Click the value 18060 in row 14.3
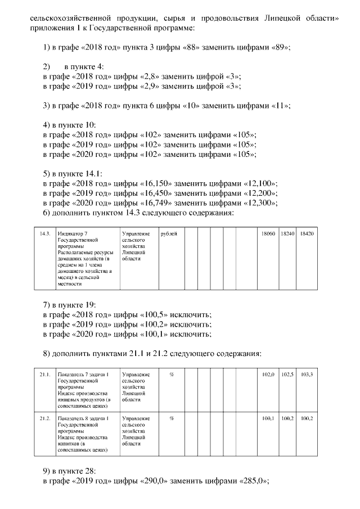(x=268, y=233)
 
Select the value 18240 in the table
(x=287, y=233)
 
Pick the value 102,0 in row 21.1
(x=268, y=375)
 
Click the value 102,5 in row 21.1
(x=287, y=375)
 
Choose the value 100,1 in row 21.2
(x=268, y=419)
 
